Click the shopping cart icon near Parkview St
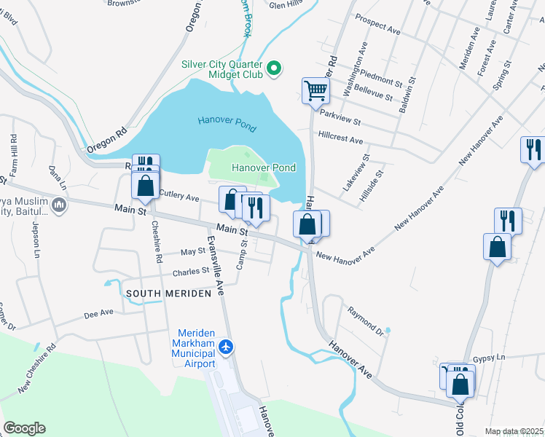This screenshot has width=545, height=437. tap(316, 91)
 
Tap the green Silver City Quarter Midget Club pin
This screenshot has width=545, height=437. tap(274, 70)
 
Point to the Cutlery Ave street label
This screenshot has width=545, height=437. tap(179, 197)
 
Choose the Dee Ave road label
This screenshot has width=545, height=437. tap(99, 313)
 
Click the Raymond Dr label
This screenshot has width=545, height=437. tap(364, 320)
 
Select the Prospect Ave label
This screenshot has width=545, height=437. tap(378, 30)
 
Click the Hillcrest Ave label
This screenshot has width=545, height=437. tap(340, 138)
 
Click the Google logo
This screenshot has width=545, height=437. tap(24, 428)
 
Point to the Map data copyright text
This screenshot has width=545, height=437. tap(514, 431)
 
